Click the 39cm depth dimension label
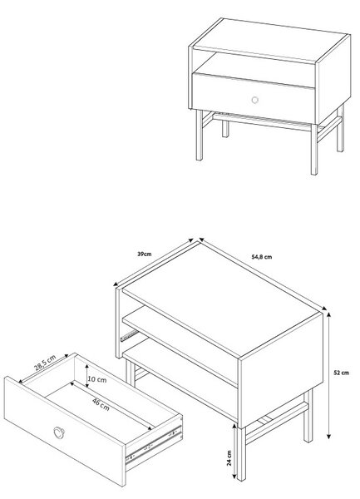point(145,254)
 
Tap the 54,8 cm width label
point(262,257)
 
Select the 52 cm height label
point(341,373)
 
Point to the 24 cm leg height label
point(229,458)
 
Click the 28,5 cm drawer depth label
point(45,363)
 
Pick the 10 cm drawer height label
point(97,379)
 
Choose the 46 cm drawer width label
point(101,404)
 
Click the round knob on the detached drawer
point(59,432)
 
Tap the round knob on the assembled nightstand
point(254,100)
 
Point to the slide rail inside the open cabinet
point(129,335)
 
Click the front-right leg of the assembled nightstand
point(314,149)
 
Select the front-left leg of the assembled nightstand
point(200,135)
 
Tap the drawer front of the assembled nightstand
point(254,98)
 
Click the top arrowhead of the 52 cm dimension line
point(329,314)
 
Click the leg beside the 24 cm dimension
point(242,453)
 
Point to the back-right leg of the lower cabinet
point(308,416)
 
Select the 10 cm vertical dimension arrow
point(87,376)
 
